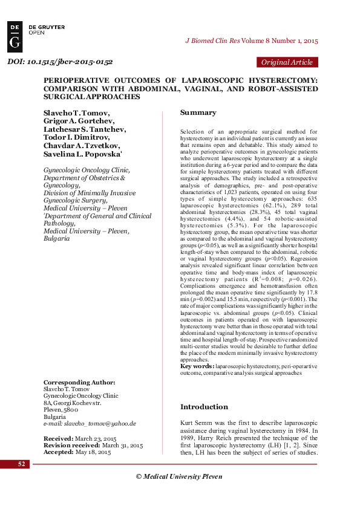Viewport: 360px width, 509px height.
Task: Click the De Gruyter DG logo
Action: [16, 37]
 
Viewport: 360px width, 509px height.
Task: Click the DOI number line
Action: [60, 62]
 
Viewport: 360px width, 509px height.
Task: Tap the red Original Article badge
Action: [287, 62]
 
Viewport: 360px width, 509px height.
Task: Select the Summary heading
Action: [198, 112]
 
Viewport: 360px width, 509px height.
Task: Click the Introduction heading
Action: [204, 407]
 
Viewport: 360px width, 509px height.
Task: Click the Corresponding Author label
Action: [79, 382]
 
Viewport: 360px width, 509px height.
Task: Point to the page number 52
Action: [22, 464]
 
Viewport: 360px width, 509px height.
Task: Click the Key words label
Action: [196, 366]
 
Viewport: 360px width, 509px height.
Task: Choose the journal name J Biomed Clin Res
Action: [212, 41]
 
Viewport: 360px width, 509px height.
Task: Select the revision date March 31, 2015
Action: [120, 444]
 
